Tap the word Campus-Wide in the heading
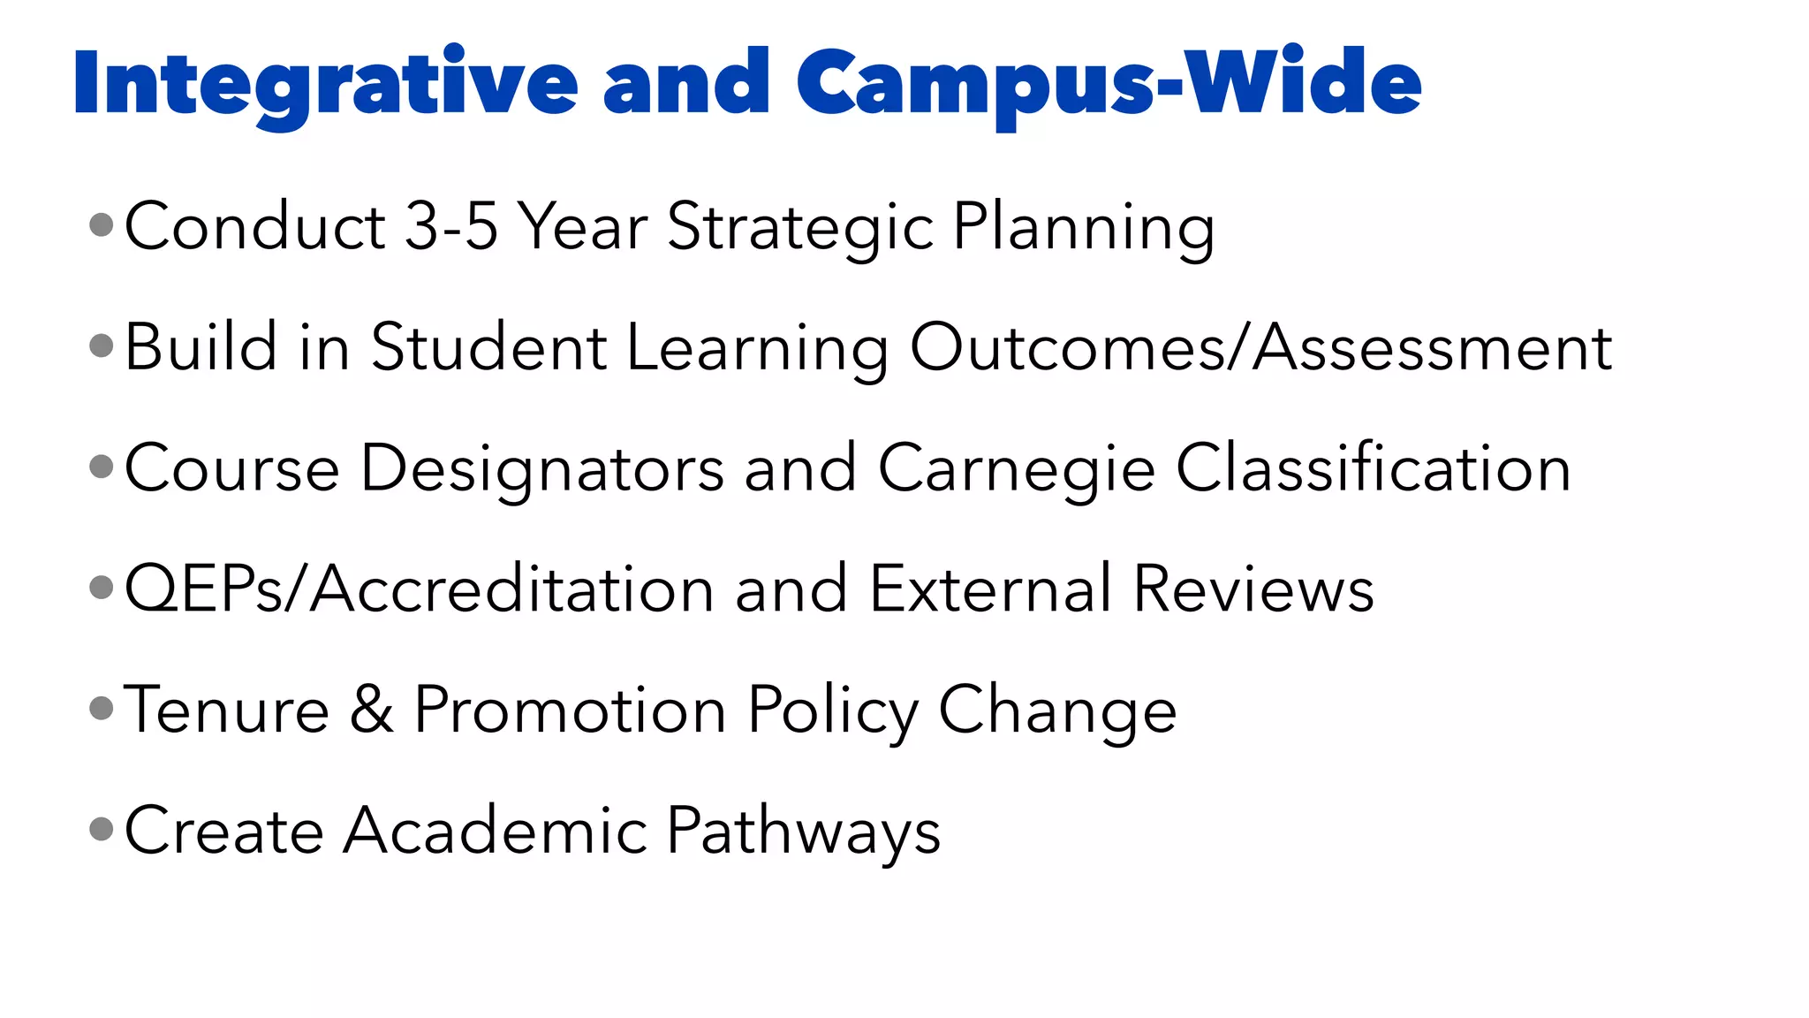[1109, 83]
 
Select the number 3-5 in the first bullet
[450, 226]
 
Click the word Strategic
[799, 228]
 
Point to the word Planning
[1083, 228]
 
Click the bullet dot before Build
[102, 346]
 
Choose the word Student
[488, 347]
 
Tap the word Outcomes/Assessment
[1261, 347]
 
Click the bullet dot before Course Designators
[102, 466]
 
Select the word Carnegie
[1016, 469]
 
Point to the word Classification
[1374, 467]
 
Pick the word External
[990, 589]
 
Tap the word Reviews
[1253, 589]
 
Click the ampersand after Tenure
[372, 710]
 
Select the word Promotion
[570, 710]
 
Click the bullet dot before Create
[102, 829]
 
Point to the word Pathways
[803, 832]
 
